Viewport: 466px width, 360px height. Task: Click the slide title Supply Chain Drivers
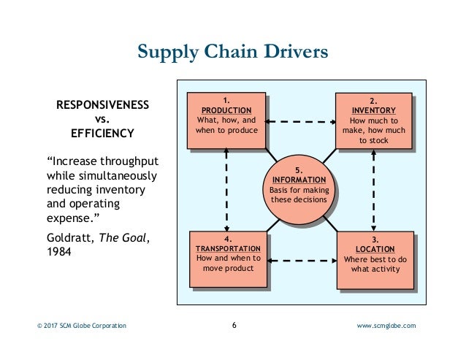[233, 52]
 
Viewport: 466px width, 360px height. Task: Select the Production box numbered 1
[226, 120]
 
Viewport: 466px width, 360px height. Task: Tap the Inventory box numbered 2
[373, 120]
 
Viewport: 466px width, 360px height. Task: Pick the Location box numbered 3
[374, 258]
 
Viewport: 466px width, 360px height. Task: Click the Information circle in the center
[299, 185]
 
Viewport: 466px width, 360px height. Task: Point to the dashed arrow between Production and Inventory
[299, 120]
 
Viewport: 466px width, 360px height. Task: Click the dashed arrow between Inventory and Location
[374, 190]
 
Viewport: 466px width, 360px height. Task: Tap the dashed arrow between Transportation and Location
[300, 259]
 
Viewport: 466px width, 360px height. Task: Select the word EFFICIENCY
[102, 134]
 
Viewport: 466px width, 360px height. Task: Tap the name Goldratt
[68, 237]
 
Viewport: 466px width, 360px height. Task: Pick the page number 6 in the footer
[233, 325]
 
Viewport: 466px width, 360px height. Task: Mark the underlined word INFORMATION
[299, 180]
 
